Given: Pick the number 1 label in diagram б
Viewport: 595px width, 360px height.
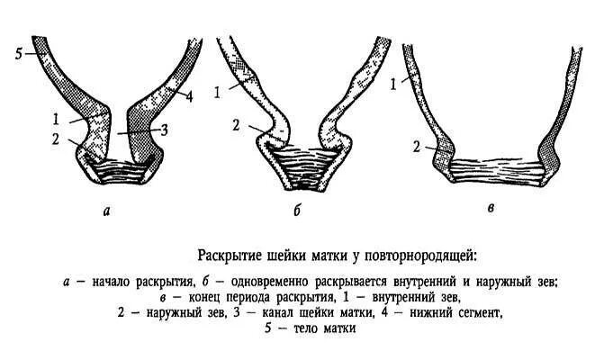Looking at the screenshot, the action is click(x=216, y=91).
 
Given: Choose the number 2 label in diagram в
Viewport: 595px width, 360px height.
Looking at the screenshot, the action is click(x=415, y=146).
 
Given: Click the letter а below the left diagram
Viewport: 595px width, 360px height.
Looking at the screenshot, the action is click(x=108, y=211).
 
